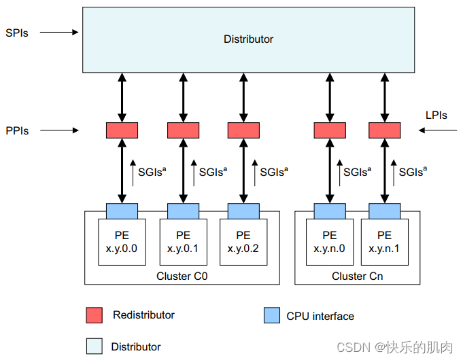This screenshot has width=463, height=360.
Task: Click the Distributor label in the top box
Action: coord(248,39)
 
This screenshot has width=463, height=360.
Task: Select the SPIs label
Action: coord(17,32)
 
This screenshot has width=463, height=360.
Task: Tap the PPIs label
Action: coord(17,130)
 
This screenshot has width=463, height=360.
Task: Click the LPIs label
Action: coord(435,115)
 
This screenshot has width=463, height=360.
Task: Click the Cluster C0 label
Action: coord(182,276)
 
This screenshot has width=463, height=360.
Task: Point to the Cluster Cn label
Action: coord(357,276)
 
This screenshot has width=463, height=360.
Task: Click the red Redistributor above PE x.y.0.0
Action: coord(122,130)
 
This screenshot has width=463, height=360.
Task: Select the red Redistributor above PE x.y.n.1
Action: coord(384,130)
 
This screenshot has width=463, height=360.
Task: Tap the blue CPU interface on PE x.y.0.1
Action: coord(182,209)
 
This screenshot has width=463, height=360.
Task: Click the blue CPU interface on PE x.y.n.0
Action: coord(329,209)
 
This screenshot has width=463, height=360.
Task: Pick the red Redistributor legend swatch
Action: coord(95,315)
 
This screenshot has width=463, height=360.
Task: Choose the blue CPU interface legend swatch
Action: coord(271,315)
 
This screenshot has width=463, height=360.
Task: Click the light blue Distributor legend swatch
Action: coord(95,346)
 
